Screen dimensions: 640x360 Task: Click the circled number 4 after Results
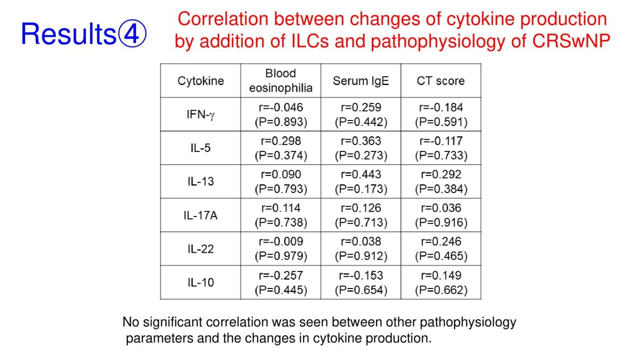132,34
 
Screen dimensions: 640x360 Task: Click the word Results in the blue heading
69,34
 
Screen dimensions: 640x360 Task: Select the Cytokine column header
201,81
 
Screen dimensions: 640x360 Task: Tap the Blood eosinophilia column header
281,81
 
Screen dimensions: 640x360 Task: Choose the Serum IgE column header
361,81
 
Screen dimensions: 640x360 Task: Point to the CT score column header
441,81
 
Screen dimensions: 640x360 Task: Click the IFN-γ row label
201,115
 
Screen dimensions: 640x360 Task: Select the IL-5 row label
201,148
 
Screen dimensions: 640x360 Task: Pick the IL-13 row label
201,181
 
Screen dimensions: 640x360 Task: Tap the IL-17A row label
201,215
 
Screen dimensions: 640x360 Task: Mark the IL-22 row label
201,249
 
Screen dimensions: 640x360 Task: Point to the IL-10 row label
201,283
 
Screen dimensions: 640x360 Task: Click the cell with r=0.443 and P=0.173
361,181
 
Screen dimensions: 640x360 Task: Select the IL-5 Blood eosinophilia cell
281,148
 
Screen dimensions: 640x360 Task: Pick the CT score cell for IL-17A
441,215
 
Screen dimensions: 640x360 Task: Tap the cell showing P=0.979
281,249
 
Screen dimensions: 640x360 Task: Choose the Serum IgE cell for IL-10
361,283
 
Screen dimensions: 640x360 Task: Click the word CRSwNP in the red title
571,41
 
